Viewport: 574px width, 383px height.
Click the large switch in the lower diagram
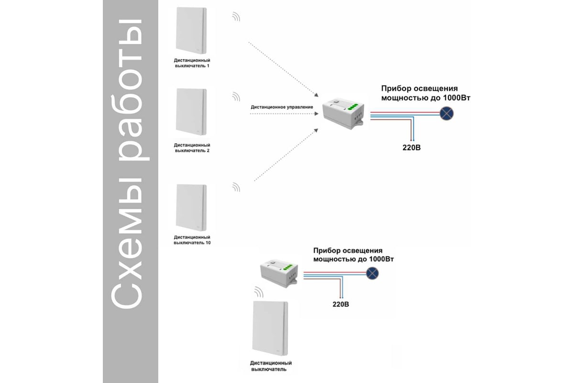pyautogui.click(x=270, y=329)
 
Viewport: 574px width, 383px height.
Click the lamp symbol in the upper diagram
pyautogui.click(x=447, y=113)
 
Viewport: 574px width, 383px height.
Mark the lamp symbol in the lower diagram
pyautogui.click(x=372, y=273)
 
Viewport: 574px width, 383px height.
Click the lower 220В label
pyautogui.click(x=341, y=304)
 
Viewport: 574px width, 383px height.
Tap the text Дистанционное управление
pyautogui.click(x=282, y=107)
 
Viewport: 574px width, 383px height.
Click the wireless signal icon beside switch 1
pyautogui.click(x=236, y=17)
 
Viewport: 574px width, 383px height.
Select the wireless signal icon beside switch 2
pyautogui.click(x=236, y=97)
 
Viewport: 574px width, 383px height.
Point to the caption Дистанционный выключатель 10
pyautogui.click(x=192, y=240)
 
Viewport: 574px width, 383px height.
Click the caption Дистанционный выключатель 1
pyautogui.click(x=191, y=63)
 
